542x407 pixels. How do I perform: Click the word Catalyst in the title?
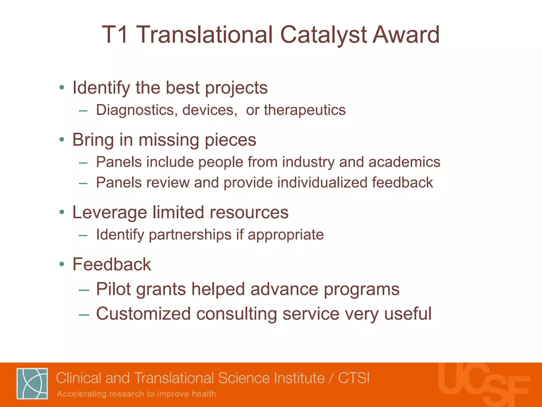pos(323,35)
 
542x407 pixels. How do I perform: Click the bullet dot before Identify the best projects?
pos(62,87)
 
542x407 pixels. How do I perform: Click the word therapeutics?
pos(305,110)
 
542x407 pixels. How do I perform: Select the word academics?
pos(404,162)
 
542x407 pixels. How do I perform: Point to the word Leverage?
pos(110,213)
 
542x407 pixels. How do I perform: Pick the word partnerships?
pos(190,235)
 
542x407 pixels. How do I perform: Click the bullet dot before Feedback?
pos(62,264)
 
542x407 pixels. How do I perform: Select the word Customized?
pos(143,314)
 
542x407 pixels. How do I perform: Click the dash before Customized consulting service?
pos(84,315)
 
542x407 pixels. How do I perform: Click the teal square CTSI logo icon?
pos(32,383)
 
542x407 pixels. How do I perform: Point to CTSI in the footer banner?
pos(354,378)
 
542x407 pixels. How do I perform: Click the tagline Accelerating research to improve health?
pos(137,394)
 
